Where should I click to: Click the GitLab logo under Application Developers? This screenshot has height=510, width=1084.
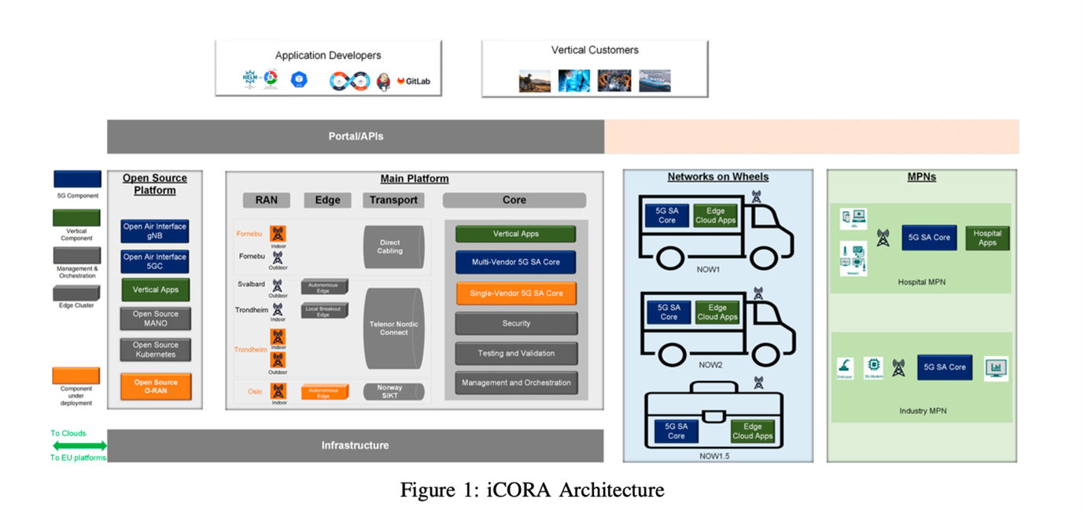(x=414, y=81)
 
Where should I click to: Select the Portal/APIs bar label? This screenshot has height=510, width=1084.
(x=356, y=136)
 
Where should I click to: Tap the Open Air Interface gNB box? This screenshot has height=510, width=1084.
(x=155, y=231)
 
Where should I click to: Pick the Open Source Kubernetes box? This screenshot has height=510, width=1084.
(x=155, y=349)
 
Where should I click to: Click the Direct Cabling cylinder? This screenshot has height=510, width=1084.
(x=391, y=247)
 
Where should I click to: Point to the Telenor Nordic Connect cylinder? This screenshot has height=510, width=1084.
(x=393, y=328)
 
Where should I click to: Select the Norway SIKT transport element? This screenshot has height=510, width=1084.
(x=391, y=391)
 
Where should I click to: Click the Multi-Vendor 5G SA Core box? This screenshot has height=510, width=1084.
(x=515, y=262)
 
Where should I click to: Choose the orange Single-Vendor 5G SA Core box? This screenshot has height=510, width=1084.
(x=515, y=294)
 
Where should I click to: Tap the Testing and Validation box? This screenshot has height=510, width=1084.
(x=515, y=353)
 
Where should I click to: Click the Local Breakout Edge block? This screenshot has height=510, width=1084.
(x=323, y=311)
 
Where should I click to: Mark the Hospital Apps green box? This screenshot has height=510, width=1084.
(x=986, y=238)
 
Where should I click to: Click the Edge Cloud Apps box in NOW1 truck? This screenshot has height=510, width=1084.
(x=715, y=216)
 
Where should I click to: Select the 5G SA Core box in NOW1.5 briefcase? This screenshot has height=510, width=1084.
(x=676, y=431)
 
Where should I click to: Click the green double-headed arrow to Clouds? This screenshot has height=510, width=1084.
(x=79, y=445)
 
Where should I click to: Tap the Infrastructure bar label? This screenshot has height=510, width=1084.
(x=355, y=445)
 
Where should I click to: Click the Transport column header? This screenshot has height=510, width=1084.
(x=393, y=200)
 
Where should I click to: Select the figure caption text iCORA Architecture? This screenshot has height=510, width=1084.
(x=532, y=490)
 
